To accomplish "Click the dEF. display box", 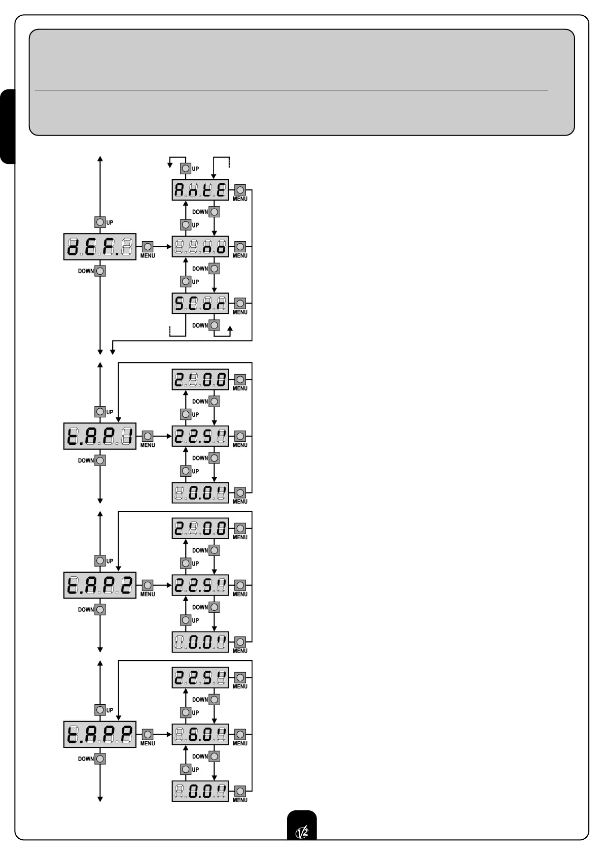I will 100,247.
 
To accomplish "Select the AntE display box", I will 200,190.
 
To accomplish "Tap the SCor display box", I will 200,304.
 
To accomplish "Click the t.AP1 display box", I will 100,436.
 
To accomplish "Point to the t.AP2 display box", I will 100,585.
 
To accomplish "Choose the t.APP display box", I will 100,734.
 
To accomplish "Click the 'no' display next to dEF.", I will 200,247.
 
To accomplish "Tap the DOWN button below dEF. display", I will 100,271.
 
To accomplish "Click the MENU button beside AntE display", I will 240,190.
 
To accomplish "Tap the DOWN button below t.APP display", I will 100,759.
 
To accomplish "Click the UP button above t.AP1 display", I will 100,412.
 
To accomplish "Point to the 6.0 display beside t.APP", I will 200,734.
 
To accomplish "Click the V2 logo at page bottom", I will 302,831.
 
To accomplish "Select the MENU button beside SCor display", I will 240,304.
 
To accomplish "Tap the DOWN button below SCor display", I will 215,325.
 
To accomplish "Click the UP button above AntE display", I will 186,169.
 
